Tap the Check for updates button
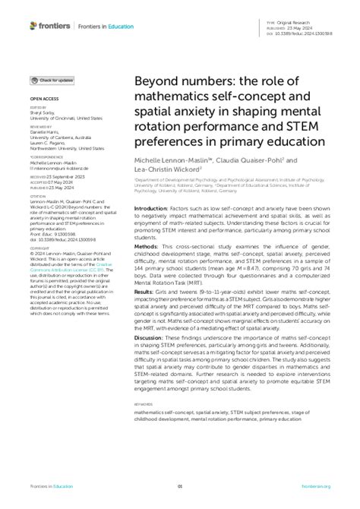[52, 80]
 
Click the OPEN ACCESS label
[43, 99]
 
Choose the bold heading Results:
[146, 292]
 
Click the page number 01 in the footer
[180, 487]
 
